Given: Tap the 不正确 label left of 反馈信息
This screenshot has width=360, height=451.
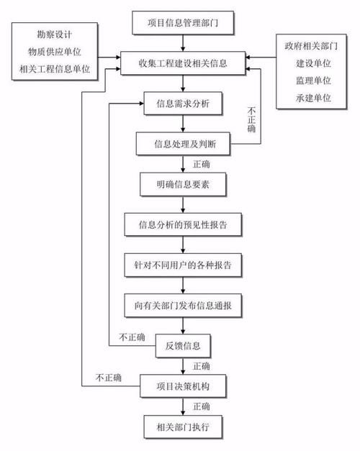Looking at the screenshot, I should (x=132, y=337).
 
